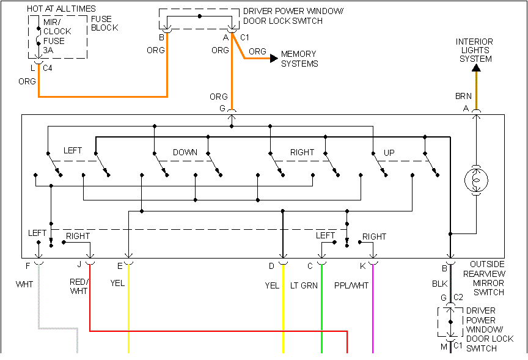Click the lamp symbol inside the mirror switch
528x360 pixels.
pyautogui.click(x=475, y=180)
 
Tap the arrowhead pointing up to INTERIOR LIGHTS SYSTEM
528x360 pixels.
pyautogui.click(x=476, y=67)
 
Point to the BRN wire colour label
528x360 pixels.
pyautogui.click(x=463, y=97)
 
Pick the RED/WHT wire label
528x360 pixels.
pyautogui.click(x=79, y=286)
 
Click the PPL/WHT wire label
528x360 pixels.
pyautogui.click(x=351, y=285)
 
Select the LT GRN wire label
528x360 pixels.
pyautogui.click(x=304, y=285)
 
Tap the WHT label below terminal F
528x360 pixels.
pyautogui.click(x=24, y=284)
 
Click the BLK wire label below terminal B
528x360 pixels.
pyautogui.click(x=440, y=284)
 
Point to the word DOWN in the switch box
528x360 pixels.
pyautogui.click(x=185, y=152)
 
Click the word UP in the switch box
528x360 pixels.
pyautogui.click(x=389, y=152)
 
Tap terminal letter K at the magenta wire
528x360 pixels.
pyautogui.click(x=362, y=266)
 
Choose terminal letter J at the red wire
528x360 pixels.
pyautogui.click(x=79, y=265)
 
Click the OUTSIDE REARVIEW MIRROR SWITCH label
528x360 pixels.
pyautogui.click(x=488, y=277)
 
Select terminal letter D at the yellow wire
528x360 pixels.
pyautogui.click(x=271, y=266)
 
